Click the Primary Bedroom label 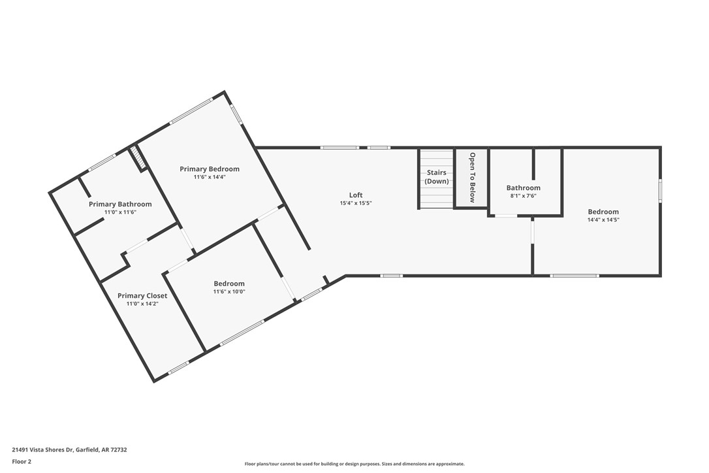click(x=210, y=169)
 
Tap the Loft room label click(x=356, y=195)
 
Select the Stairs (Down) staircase click(x=436, y=178)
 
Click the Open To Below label click(x=472, y=178)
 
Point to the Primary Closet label click(x=142, y=295)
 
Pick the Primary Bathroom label click(x=120, y=204)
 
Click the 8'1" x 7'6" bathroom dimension click(x=524, y=196)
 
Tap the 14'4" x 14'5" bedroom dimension click(x=603, y=220)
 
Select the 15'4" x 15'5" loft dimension click(x=356, y=203)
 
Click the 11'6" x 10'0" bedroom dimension click(x=229, y=292)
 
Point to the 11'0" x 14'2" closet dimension click(x=142, y=304)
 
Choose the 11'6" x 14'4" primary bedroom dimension click(x=210, y=177)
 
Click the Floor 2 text click(x=22, y=461)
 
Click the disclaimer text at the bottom click(x=355, y=464)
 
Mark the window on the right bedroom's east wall click(x=660, y=191)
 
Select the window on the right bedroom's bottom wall click(x=575, y=276)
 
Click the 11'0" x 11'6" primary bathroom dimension click(x=120, y=212)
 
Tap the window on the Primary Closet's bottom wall click(x=178, y=369)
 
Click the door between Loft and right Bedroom click(x=533, y=232)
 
